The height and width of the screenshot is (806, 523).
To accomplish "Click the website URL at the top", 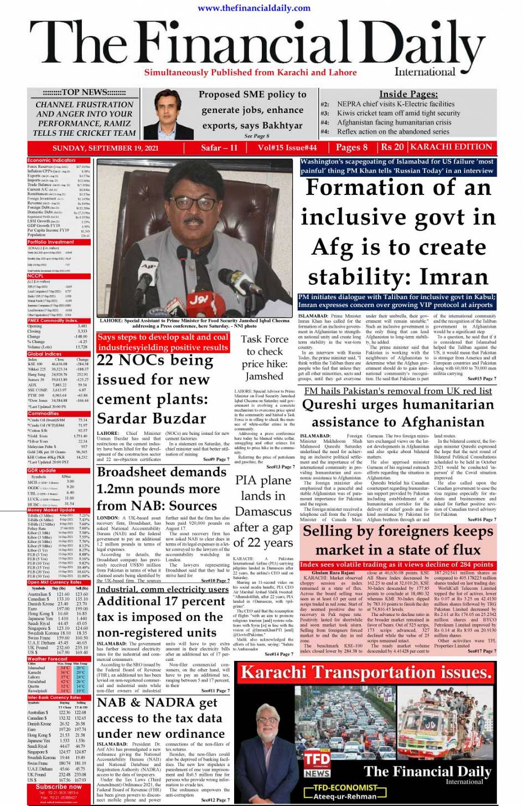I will (253, 8).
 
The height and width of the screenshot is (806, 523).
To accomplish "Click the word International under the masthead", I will (424, 71).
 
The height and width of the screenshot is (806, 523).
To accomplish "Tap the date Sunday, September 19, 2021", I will (105, 148).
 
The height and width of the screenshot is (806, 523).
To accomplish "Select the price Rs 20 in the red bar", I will (392, 147).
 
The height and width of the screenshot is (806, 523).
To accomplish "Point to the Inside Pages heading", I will (408, 94).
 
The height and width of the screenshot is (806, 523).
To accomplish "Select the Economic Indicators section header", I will (52, 160).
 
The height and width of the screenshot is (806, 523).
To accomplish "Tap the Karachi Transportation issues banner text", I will (366, 672).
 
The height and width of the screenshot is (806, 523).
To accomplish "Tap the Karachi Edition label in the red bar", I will (451, 147).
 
